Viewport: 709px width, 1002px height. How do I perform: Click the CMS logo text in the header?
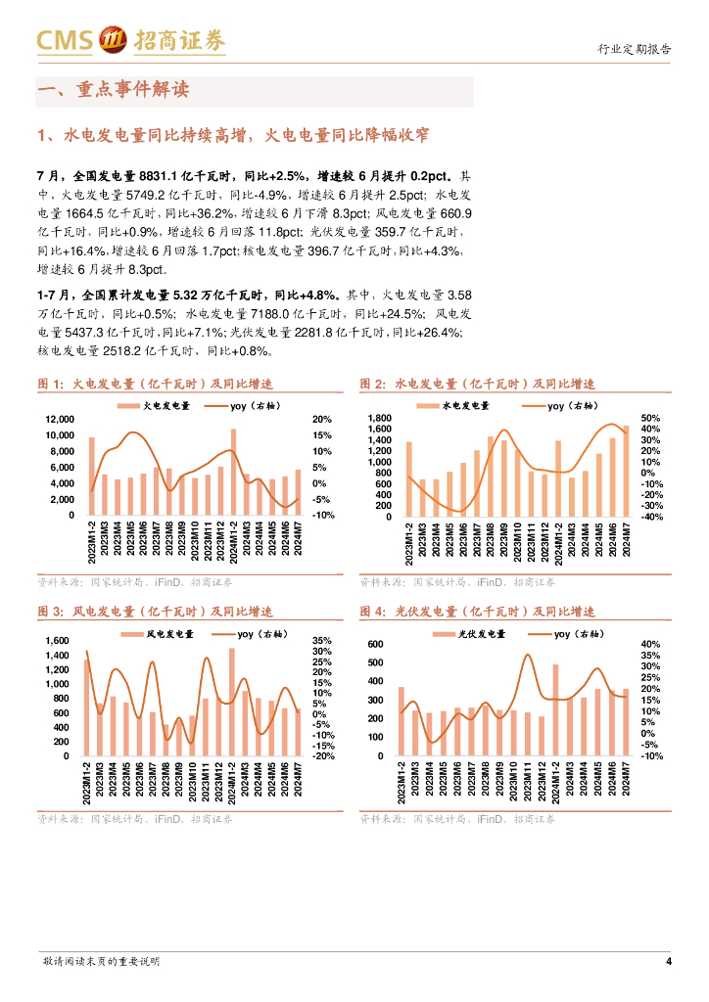[x=65, y=40]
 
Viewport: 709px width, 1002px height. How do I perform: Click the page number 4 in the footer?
[x=668, y=961]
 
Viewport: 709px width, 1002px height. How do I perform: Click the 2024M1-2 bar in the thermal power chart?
[x=233, y=473]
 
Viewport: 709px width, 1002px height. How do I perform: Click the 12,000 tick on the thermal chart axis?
[x=61, y=419]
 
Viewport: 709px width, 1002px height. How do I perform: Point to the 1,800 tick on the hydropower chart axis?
[x=379, y=419]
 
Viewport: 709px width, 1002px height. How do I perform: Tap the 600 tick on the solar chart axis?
[x=375, y=645]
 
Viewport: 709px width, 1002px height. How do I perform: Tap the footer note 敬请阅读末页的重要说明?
[x=102, y=961]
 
